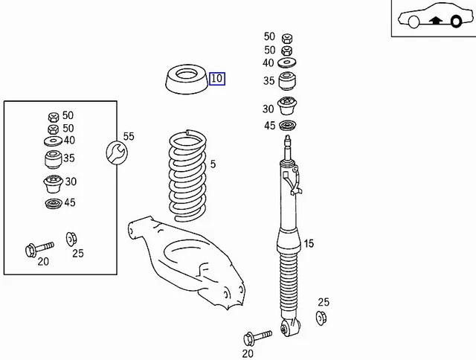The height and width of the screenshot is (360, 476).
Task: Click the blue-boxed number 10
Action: click(x=216, y=79)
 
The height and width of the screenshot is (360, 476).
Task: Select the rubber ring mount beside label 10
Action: click(x=184, y=80)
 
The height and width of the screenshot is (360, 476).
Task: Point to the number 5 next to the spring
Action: click(x=213, y=164)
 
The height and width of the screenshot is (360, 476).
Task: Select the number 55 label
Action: click(x=129, y=136)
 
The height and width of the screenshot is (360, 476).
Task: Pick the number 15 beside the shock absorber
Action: click(x=309, y=243)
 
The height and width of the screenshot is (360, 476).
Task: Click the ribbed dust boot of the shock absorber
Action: click(x=289, y=286)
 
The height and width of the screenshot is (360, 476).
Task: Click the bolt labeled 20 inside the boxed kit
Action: click(x=37, y=247)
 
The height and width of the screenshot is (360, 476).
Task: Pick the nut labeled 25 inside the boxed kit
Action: click(x=71, y=238)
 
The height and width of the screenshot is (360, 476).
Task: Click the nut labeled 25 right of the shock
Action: click(x=322, y=318)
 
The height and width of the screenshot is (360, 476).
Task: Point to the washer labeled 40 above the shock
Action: click(x=288, y=62)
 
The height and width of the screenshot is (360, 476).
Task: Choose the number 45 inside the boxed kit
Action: click(x=69, y=202)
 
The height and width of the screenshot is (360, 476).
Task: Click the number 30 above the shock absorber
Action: click(x=268, y=109)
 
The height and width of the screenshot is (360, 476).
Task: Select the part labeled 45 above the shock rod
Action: click(x=288, y=125)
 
